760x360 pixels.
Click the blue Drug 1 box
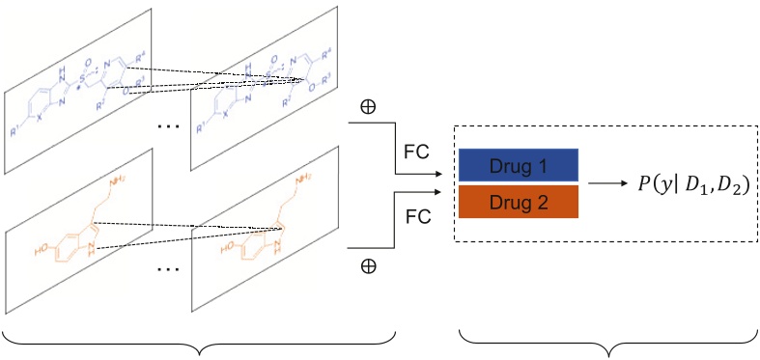[519, 165]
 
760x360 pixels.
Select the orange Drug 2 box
[519, 200]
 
